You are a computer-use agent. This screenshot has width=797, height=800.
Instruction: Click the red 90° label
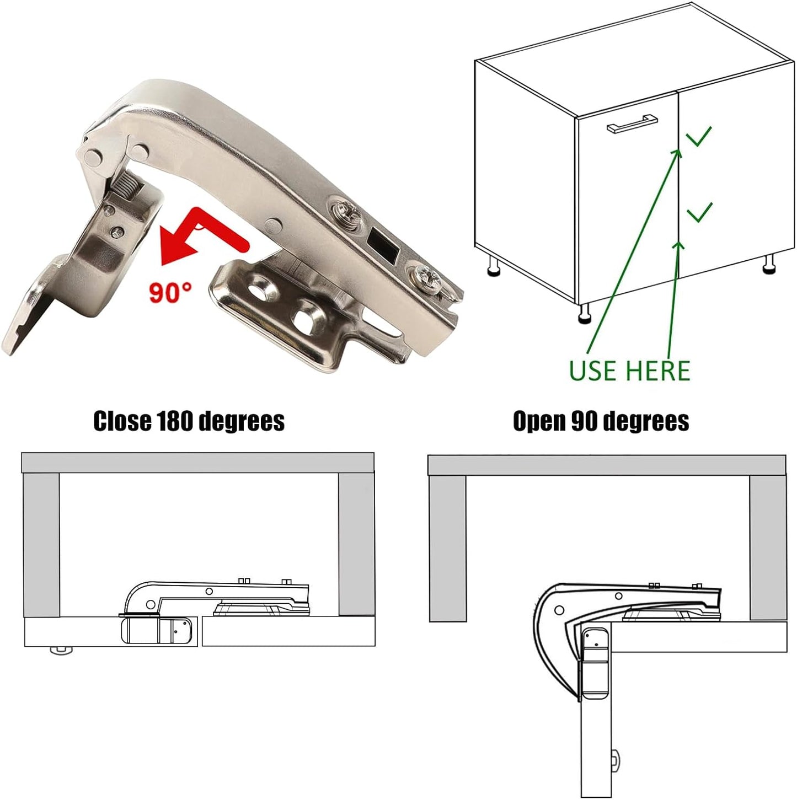(x=170, y=291)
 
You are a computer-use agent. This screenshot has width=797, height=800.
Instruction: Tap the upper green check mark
(x=699, y=136)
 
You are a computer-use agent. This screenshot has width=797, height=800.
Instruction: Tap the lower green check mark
(x=699, y=212)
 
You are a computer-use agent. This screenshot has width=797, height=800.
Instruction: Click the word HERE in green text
(x=661, y=371)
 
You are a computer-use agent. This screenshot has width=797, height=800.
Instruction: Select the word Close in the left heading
(x=122, y=421)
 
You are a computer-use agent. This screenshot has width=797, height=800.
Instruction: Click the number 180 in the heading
(x=175, y=421)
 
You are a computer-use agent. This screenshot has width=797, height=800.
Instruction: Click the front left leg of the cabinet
(x=584, y=314)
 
